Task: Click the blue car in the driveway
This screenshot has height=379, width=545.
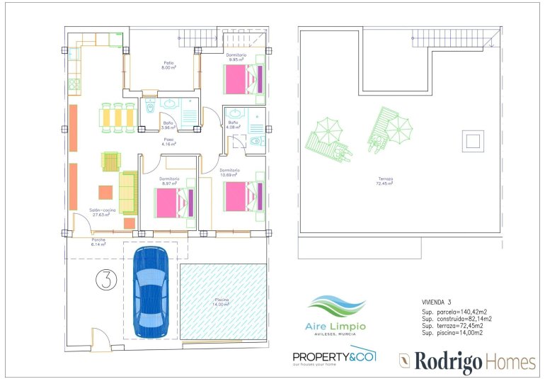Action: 151,292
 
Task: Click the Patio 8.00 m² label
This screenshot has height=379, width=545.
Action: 168,65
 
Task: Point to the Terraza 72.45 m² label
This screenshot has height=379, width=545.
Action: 385,181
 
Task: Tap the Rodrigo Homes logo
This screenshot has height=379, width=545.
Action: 467,361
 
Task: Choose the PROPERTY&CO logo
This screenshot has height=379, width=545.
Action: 334,356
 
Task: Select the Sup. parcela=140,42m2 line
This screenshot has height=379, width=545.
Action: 452,312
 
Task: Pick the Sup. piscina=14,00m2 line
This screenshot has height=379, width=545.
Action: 452,332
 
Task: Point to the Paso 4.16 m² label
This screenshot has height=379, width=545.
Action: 168,142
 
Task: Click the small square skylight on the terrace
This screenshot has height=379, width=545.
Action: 472,140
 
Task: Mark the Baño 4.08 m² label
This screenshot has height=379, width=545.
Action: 233,125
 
